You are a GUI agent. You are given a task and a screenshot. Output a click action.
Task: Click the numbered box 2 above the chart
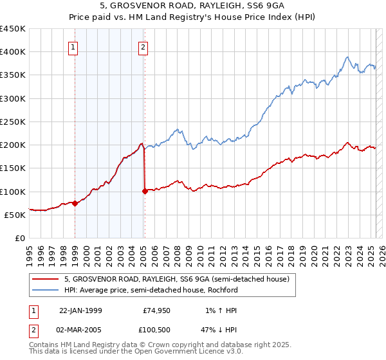[142, 47]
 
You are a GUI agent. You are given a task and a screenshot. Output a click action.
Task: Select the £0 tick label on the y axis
[19, 238]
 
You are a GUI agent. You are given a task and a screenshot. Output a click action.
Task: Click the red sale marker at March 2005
[145, 191]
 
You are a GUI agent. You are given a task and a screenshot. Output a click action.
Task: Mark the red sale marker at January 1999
[75, 203]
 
